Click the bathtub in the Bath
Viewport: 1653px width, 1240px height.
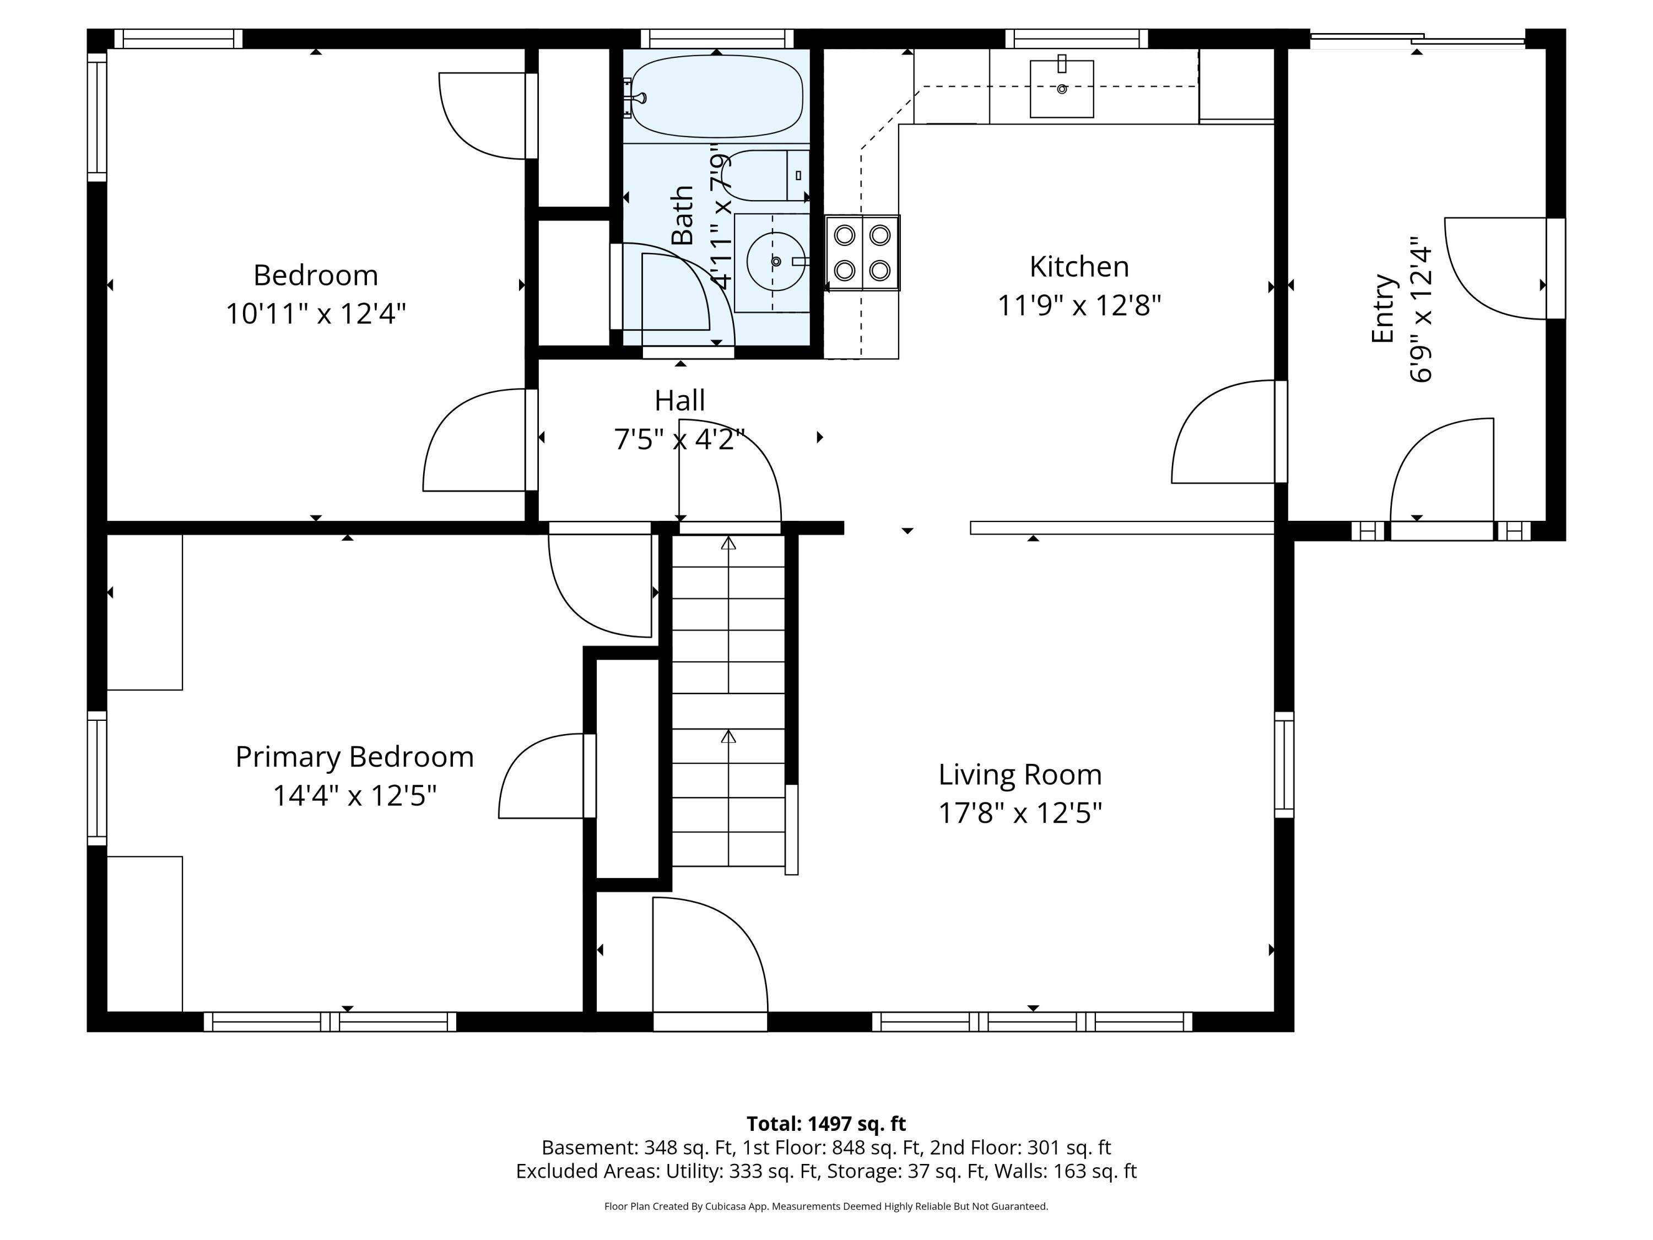(717, 96)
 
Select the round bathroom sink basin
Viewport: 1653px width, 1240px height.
(776, 262)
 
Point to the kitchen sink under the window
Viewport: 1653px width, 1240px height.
(1062, 89)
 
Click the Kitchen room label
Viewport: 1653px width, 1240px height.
(1079, 267)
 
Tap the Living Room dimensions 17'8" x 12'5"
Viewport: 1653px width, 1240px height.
(1020, 812)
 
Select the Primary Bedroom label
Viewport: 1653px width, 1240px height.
(354, 757)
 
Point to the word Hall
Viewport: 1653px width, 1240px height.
(679, 401)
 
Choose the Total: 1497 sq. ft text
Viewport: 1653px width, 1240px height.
(826, 1123)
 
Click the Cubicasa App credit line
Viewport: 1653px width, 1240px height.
(826, 1206)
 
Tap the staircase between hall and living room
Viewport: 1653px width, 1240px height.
(728, 701)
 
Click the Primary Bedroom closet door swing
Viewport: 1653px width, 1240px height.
(547, 776)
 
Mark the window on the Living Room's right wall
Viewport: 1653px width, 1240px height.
(1284, 764)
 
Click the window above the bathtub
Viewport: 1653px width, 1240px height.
(717, 38)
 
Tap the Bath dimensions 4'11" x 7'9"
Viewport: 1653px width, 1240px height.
(719, 217)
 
